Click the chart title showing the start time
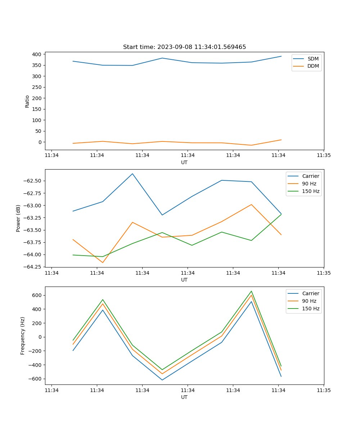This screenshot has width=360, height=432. (184, 47)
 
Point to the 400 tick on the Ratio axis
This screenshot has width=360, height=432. (37, 54)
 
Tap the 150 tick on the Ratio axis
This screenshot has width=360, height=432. (37, 109)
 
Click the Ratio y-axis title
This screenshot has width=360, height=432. (27, 102)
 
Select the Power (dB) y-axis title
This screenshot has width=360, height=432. (18, 218)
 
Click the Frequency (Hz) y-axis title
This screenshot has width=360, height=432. (23, 336)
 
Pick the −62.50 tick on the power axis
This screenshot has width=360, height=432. (32, 181)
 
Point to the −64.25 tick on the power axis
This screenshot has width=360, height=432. (32, 267)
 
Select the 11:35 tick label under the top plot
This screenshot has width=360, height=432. (324, 156)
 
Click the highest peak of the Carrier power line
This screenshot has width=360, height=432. (132, 174)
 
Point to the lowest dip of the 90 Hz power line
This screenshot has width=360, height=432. (103, 262)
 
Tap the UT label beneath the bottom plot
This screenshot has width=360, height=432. (184, 397)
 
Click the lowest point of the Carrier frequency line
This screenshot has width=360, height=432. (162, 380)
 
